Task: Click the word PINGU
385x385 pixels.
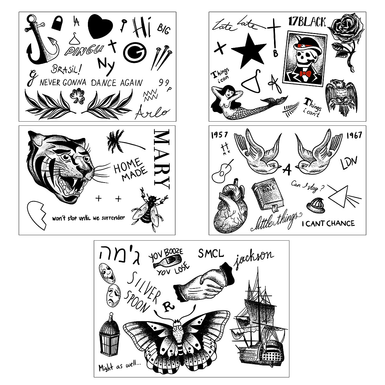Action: tap(84, 50)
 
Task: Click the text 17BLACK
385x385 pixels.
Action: tap(307, 22)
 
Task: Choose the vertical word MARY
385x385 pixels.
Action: tap(161, 158)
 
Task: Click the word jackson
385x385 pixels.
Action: tap(254, 258)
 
